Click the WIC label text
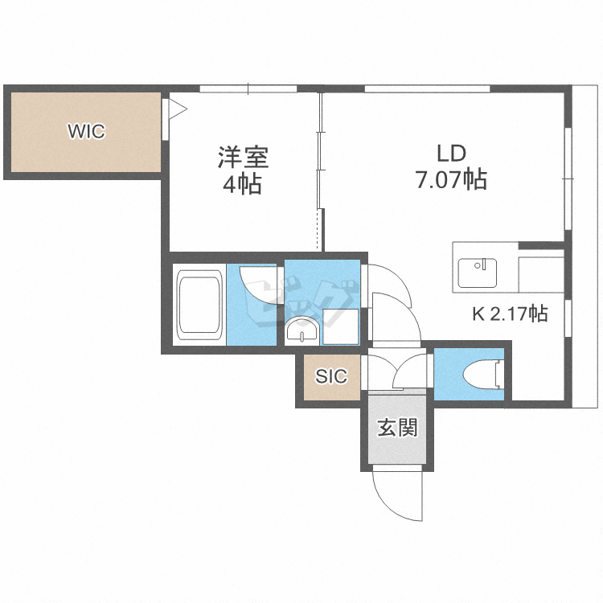pos(86,131)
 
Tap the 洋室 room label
pos(242,156)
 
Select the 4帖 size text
pos(242,184)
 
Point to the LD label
pos(451,153)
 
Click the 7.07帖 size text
pos(451,180)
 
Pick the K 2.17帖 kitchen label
pos(509,314)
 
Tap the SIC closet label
pos(331,376)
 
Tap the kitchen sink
pos(478,270)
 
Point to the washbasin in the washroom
pos(301,330)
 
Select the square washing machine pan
pos(339,324)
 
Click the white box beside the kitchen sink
pos(540,274)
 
